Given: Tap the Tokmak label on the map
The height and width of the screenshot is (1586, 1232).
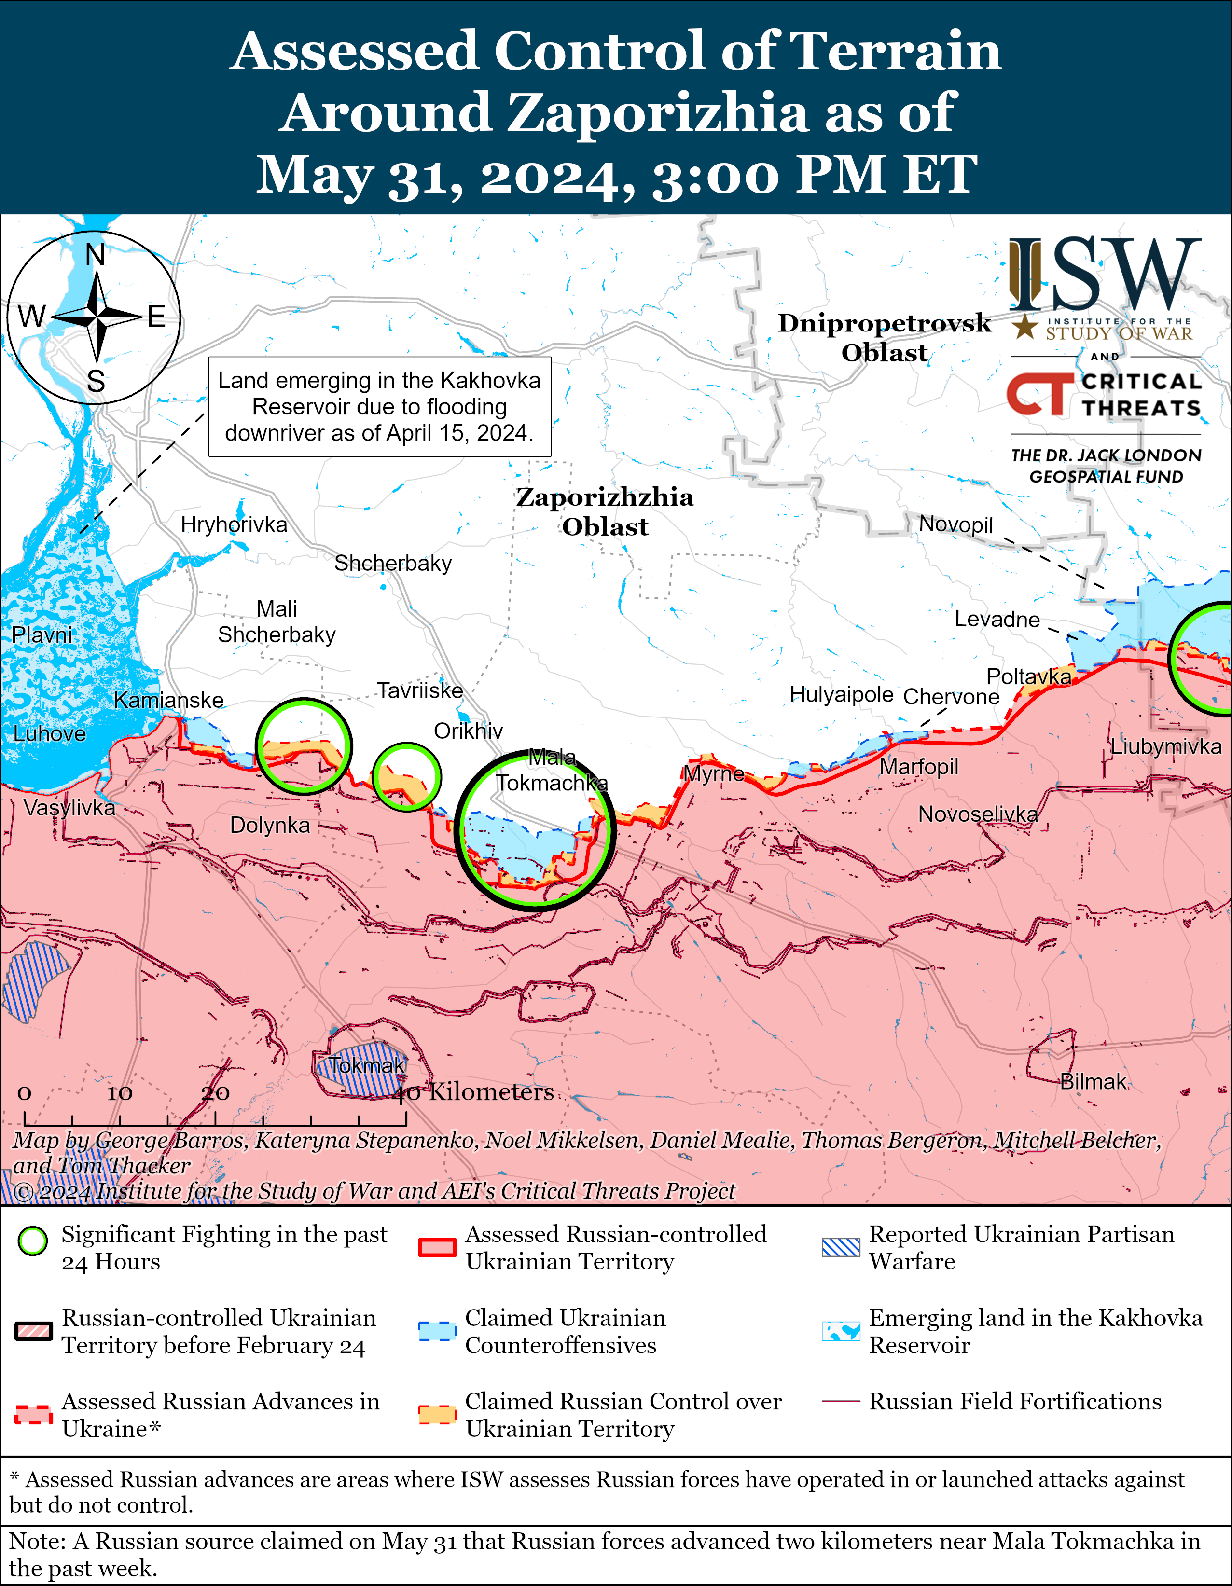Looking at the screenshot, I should [367, 1066].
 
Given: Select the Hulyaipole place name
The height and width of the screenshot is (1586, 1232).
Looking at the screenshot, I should [841, 695].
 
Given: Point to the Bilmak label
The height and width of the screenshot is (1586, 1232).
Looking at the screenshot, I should [1093, 1082].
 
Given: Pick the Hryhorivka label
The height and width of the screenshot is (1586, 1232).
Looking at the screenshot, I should [234, 524].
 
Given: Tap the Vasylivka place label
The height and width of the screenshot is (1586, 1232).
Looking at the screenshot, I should [69, 808].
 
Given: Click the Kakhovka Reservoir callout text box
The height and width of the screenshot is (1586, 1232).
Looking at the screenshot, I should [379, 407].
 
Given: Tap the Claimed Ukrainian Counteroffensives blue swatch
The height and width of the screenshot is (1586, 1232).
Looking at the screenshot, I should [437, 1331].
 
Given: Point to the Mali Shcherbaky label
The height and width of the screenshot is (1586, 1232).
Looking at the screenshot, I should [277, 621].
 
